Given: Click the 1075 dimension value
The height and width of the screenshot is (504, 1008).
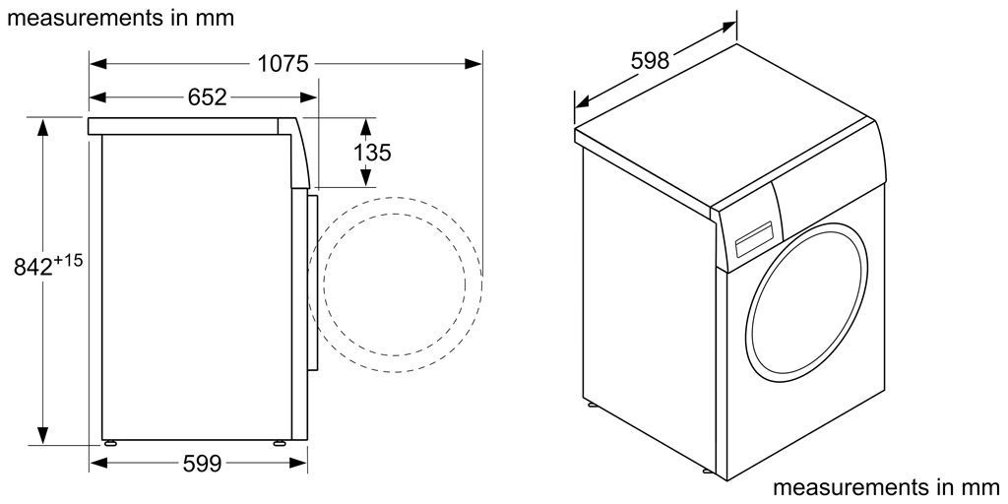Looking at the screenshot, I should (x=283, y=65).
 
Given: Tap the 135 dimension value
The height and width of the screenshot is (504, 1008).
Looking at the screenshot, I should (x=372, y=153).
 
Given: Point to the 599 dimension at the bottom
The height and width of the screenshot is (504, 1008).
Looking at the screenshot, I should (x=202, y=462).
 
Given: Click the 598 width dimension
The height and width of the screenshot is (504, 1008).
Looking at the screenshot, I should (x=650, y=60).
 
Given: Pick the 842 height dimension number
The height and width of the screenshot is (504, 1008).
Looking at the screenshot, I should (x=34, y=266).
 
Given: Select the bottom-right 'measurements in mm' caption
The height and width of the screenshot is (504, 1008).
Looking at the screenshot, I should (x=885, y=487).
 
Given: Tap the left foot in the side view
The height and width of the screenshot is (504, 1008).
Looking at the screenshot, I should (x=108, y=441).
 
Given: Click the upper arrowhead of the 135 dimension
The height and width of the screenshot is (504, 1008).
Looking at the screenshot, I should (x=366, y=126).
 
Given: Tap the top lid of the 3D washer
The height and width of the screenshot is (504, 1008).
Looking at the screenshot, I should (x=724, y=128).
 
